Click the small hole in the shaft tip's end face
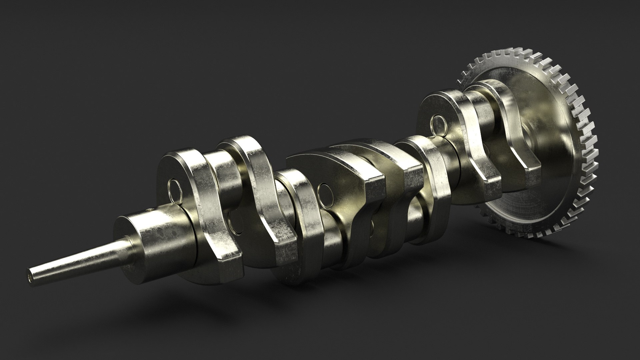(31, 276)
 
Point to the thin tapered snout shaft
(77, 260)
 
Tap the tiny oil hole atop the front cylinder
(149, 210)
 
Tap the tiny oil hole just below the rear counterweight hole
(434, 135)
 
